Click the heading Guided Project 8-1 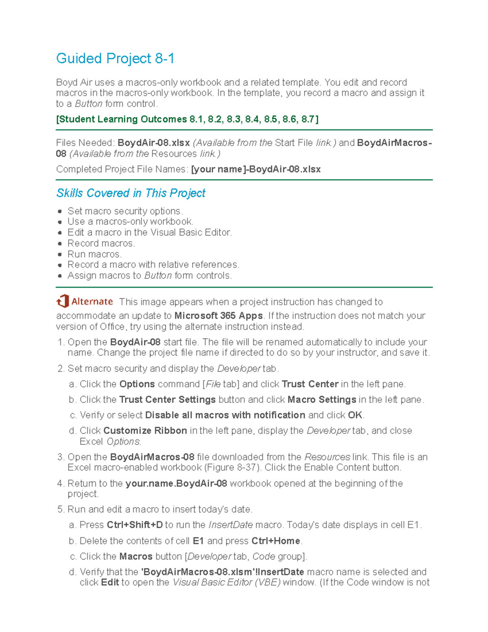(x=115, y=59)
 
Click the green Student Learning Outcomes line (x=187, y=119)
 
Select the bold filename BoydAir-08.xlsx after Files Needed (x=153, y=143)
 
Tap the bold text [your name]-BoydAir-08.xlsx (x=255, y=169)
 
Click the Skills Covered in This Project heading (x=131, y=193)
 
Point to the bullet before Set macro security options (x=60, y=211)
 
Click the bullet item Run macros (x=94, y=254)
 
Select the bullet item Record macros (x=101, y=243)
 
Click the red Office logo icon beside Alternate (x=63, y=302)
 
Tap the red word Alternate (x=92, y=302)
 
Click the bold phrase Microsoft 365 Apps (x=218, y=316)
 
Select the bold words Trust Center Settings (x=167, y=400)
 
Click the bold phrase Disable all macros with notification (x=225, y=415)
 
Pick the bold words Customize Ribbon (x=145, y=431)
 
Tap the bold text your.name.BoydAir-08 (x=176, y=483)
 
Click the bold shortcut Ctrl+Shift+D (x=134, y=525)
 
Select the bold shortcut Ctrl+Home (x=276, y=541)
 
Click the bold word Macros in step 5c (x=136, y=556)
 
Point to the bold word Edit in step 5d (x=110, y=582)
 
